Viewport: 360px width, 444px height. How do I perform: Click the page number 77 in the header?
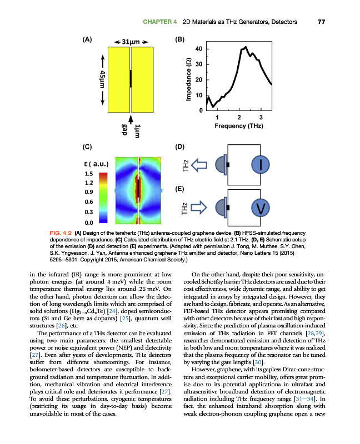[321, 22]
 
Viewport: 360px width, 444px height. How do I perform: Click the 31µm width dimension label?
[131, 42]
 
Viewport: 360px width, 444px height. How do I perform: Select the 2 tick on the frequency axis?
[239, 117]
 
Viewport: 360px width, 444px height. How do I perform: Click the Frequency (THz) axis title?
[238, 126]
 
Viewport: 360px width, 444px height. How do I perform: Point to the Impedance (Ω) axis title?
[189, 80]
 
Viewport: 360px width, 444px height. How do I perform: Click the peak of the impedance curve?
[245, 47]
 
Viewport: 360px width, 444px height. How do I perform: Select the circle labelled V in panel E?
[261, 208]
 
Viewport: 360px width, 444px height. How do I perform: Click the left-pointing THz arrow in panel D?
[199, 164]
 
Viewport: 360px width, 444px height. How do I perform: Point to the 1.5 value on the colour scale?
[88, 173]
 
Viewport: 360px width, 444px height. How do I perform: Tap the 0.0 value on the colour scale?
[88, 222]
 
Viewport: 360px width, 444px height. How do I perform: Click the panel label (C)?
[87, 147]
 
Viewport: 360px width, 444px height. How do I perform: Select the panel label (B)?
[179, 39]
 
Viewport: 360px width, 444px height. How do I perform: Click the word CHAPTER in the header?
[159, 22]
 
